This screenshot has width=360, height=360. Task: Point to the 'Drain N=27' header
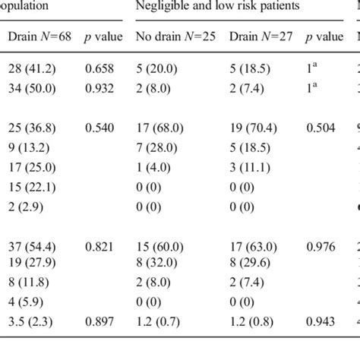[257, 36]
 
